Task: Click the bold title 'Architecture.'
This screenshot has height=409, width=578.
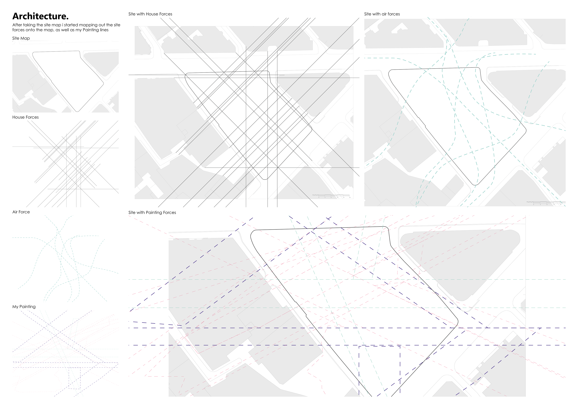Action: point(40,16)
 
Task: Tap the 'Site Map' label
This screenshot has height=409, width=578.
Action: point(21,38)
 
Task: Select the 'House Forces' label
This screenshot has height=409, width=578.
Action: point(25,117)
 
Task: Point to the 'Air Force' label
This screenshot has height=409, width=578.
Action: point(21,212)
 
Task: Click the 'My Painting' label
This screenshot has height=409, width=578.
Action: point(24,307)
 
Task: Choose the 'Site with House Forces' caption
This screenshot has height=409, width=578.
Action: point(150,14)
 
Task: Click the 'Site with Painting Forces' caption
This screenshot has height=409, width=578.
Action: point(152,212)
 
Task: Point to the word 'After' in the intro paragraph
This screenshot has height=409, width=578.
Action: point(17,25)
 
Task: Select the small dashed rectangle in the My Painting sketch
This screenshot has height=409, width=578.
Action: point(75,378)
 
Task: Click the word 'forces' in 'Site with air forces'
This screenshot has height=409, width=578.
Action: point(394,14)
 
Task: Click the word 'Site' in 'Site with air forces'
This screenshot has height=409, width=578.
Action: point(368,14)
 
